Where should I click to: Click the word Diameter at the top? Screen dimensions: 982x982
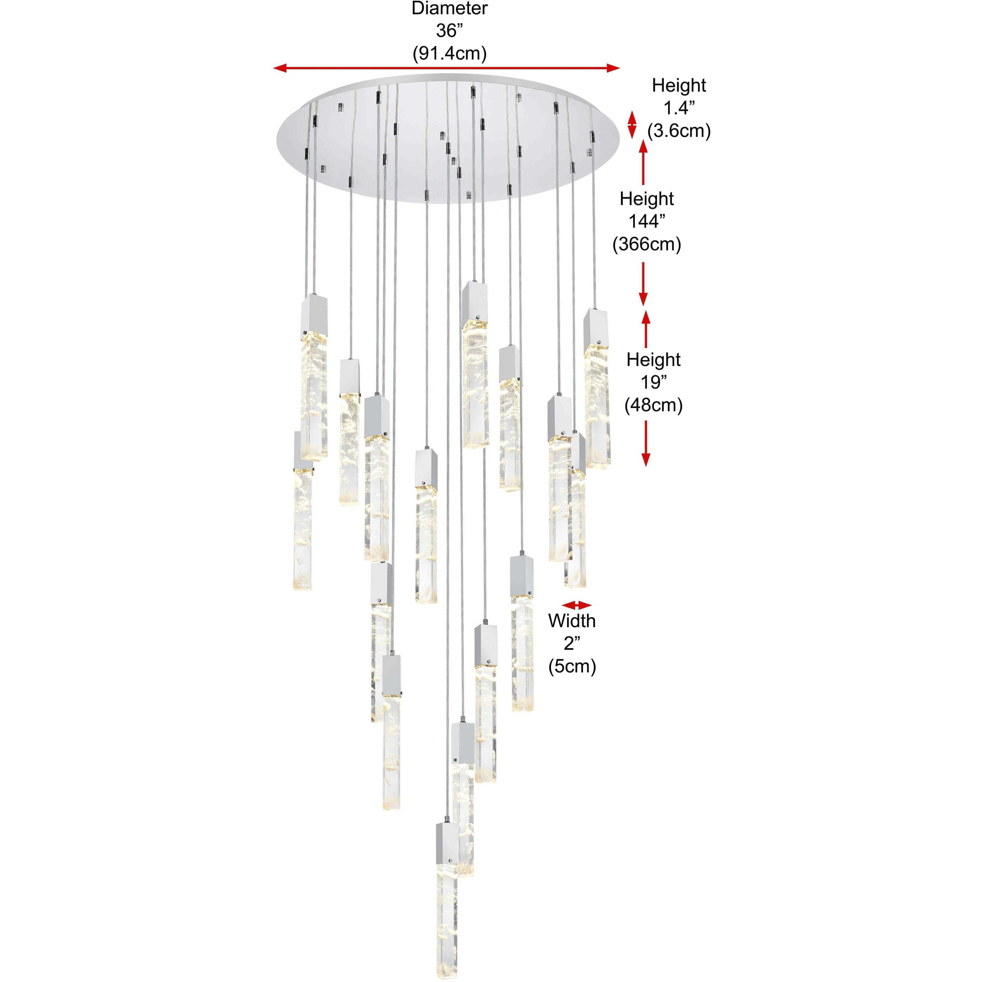click(449, 9)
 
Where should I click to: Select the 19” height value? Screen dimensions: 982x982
click(653, 382)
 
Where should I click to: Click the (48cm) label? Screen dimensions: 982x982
click(653, 405)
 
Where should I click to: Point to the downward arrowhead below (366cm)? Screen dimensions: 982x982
click(643, 300)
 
